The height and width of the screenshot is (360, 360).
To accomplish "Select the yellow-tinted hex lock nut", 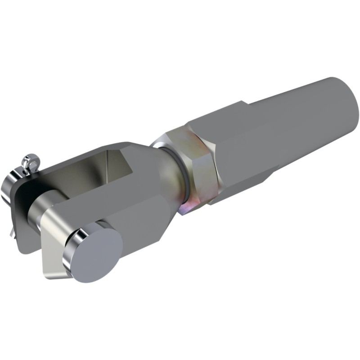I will pos(198,166).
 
